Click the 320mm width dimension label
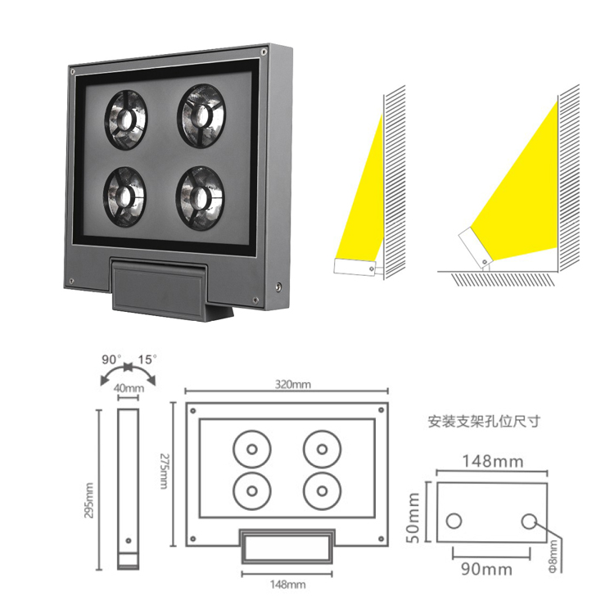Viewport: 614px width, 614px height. coord(293,384)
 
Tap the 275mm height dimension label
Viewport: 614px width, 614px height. coord(164,471)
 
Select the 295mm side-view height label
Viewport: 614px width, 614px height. coord(89,500)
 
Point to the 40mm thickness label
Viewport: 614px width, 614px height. coord(129,388)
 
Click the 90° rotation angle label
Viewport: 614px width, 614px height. coord(111,359)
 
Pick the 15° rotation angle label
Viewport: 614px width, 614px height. coord(147,359)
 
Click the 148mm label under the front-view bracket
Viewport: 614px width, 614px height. coord(288,585)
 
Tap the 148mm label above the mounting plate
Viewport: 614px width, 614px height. coord(493,462)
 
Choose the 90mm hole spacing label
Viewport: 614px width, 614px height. coord(487,569)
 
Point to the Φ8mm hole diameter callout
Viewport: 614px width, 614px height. coord(553,557)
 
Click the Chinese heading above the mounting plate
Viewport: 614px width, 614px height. coord(484,422)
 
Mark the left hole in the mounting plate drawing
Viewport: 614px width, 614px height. coord(454,521)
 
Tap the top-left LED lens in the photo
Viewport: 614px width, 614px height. coord(125,120)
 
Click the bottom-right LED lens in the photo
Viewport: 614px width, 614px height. coord(201,198)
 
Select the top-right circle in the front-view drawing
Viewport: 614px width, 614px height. coord(323,449)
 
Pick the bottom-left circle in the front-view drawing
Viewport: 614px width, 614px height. coord(252,491)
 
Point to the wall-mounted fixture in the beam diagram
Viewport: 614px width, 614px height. coord(354,268)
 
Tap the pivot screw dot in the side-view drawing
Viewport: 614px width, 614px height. coord(129,541)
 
